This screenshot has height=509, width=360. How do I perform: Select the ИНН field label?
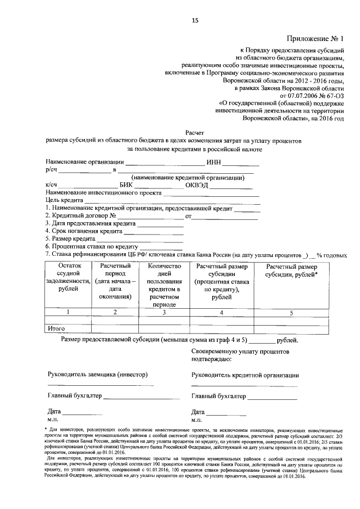coord(214,163)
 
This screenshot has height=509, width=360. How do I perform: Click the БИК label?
coord(126,185)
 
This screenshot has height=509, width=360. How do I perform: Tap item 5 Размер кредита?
coord(73,238)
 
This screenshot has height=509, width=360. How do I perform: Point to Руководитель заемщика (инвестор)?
coord(96,375)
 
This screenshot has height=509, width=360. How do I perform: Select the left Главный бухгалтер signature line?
coord(138,397)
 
